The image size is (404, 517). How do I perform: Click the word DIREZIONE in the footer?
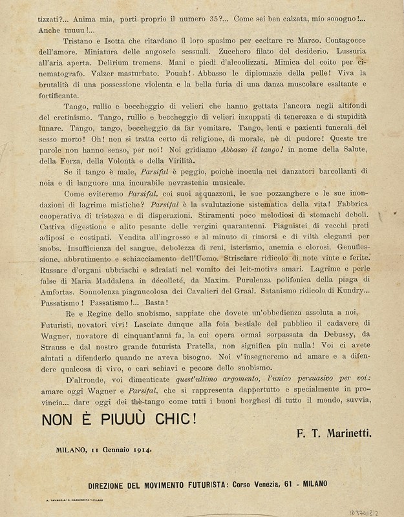click(119, 483)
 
